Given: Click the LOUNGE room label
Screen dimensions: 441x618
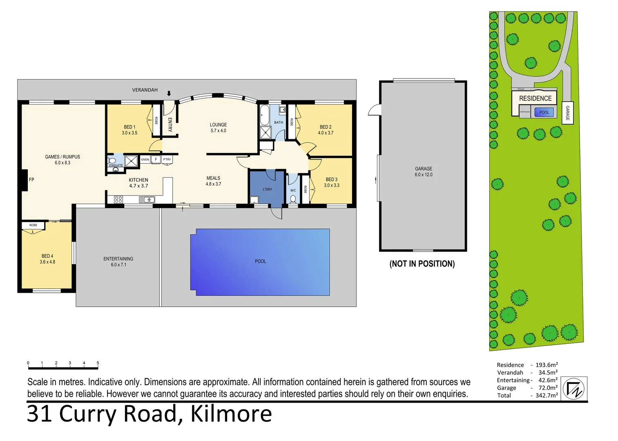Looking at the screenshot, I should [x=218, y=125].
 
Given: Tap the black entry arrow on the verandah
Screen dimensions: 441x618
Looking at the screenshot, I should [x=169, y=93].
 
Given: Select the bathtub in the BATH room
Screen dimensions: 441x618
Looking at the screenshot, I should [x=264, y=115].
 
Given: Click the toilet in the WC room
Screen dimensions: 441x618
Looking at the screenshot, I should [x=292, y=199].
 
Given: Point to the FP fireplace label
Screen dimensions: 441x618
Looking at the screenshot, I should [x=31, y=180].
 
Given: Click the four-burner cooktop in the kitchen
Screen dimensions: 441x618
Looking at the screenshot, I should [x=118, y=200].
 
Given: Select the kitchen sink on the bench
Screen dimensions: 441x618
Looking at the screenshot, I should [x=147, y=200].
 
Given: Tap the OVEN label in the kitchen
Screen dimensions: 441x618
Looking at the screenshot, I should [x=145, y=160].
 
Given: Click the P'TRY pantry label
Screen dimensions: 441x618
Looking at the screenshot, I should [x=167, y=160].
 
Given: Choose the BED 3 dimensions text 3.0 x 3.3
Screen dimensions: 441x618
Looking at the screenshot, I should [x=331, y=185].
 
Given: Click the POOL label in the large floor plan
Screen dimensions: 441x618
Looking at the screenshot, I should [x=260, y=261].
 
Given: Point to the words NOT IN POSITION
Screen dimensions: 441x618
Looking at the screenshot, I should [x=422, y=264].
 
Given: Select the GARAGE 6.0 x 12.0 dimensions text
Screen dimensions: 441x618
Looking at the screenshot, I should [x=423, y=175].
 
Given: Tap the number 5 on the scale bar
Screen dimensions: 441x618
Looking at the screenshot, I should [x=98, y=363].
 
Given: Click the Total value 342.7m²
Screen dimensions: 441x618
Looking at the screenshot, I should [x=547, y=395].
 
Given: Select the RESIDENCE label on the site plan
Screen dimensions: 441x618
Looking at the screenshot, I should [x=535, y=98].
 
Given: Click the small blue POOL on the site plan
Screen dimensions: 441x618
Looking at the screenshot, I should [x=544, y=112].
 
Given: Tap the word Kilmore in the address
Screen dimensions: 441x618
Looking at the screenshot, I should [x=231, y=414].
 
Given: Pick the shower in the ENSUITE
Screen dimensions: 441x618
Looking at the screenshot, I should [x=131, y=161].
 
